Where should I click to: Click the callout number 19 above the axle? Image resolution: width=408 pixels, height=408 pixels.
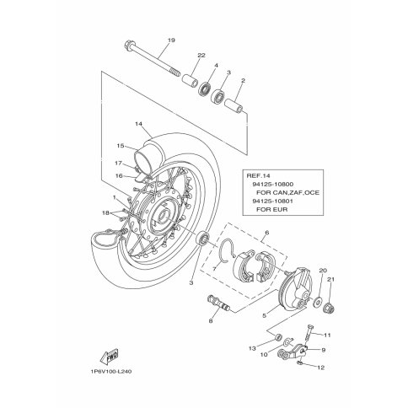171,40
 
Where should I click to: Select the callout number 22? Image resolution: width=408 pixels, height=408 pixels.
201,56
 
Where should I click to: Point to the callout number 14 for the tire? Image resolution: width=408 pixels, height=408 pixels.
138,124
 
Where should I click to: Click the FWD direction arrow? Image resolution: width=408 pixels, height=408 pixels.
109,357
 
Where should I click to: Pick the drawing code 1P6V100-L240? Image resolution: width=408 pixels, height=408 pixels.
111,372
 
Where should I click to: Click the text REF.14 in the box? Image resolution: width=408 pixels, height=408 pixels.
258,176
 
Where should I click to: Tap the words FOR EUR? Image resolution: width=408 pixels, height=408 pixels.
272,210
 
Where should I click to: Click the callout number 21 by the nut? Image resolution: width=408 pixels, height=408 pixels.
330,279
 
